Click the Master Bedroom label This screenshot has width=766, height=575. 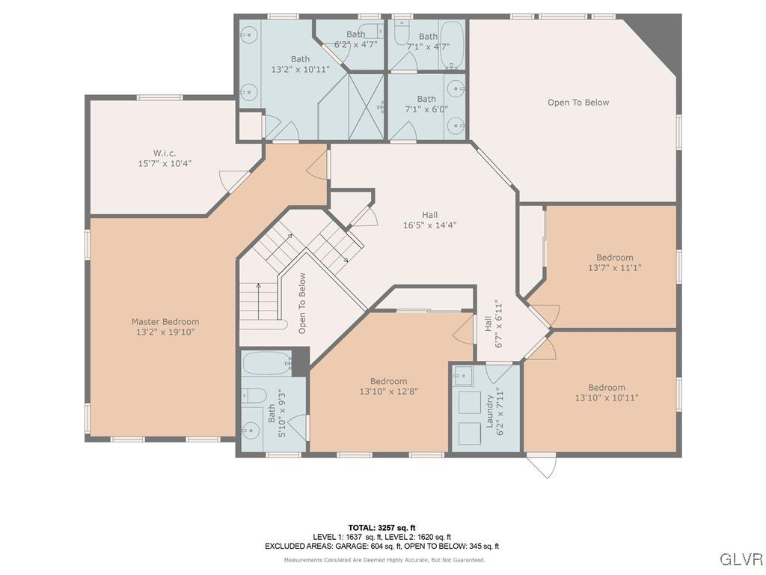pyautogui.click(x=165, y=327)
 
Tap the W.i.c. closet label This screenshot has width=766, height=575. pyautogui.click(x=165, y=158)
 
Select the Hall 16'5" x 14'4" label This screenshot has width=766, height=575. pyautogui.click(x=429, y=220)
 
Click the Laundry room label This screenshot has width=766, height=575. pyautogui.click(x=495, y=410)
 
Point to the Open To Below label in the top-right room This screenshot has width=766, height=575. pyautogui.click(x=578, y=103)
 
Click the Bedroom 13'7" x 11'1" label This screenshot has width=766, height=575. pyautogui.click(x=614, y=263)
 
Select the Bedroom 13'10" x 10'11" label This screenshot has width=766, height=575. pyautogui.click(x=606, y=392)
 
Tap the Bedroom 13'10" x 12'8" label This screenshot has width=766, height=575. pyautogui.click(x=388, y=386)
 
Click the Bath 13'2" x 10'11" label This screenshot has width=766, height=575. pyautogui.click(x=300, y=64)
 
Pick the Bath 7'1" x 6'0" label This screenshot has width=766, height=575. pyautogui.click(x=426, y=104)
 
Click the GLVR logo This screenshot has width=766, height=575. pyautogui.click(x=741, y=559)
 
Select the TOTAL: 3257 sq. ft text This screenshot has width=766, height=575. pyautogui.click(x=382, y=528)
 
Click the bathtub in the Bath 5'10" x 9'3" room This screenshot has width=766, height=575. pyautogui.click(x=266, y=365)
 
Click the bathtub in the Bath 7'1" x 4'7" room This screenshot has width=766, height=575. pyautogui.click(x=452, y=36)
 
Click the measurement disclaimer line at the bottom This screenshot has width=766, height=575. pyautogui.click(x=384, y=560)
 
